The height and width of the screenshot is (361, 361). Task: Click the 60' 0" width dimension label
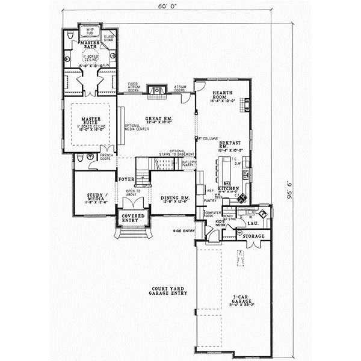pyautogui.click(x=167, y=8)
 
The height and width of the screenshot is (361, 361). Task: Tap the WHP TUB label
pyautogui.click(x=91, y=31)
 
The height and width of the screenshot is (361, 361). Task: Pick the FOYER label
pyautogui.click(x=125, y=179)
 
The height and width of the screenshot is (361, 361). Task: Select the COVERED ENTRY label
pyautogui.click(x=132, y=218)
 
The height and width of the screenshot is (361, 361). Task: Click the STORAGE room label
pyautogui.click(x=253, y=236)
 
